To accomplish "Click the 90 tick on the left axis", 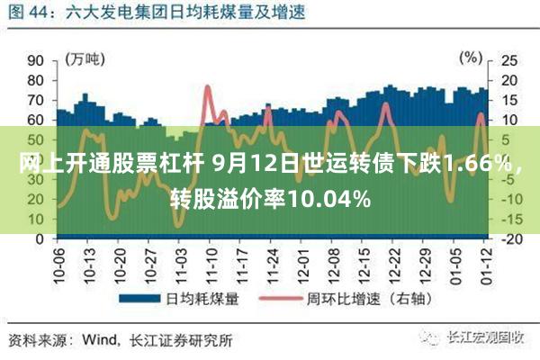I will point(35,60).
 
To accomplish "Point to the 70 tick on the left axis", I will point(35,100).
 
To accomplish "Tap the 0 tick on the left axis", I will point(40,238).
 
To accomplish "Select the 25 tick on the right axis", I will point(508,60).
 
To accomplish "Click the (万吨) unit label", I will point(86,58).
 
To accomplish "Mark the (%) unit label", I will point(471,58).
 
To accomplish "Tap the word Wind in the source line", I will point(100,341).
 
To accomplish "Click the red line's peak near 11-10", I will point(208,87).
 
